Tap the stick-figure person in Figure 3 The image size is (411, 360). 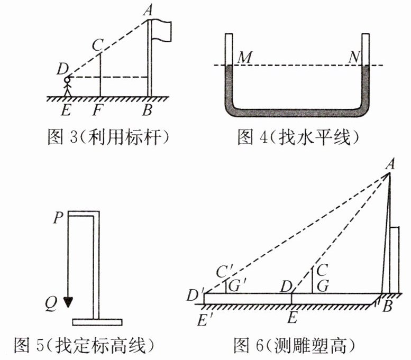67,87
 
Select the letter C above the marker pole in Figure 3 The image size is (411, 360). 96,45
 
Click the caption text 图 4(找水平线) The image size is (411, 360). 298,138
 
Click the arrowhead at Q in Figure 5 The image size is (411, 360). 68,302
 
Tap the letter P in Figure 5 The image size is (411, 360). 58,217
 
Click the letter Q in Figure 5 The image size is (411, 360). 51,303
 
